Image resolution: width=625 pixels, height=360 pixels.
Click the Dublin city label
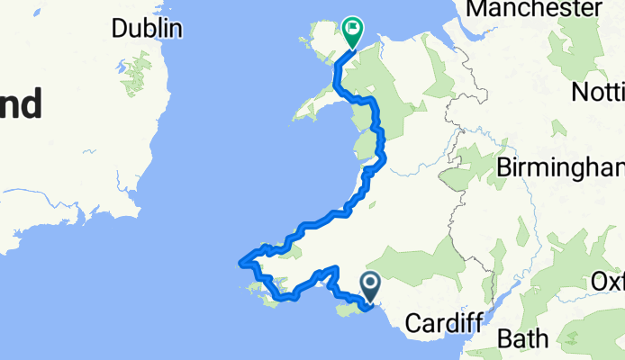(x=147, y=28)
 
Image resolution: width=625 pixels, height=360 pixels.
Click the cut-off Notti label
(x=598, y=92)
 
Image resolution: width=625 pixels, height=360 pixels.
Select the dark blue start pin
(x=371, y=286)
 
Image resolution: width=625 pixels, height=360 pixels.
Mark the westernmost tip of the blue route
(x=240, y=264)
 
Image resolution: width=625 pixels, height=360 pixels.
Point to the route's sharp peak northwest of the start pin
(x=335, y=268)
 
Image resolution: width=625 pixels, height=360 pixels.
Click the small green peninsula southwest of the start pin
(x=344, y=310)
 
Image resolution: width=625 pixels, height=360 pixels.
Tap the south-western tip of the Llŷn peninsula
(x=295, y=117)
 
